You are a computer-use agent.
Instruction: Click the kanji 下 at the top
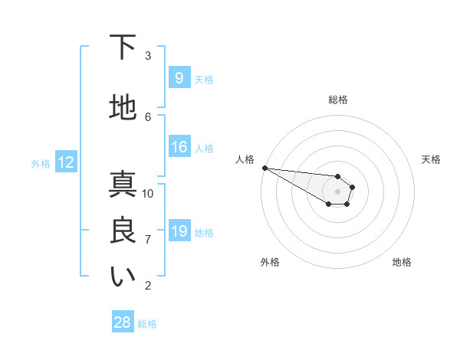(x=123, y=48)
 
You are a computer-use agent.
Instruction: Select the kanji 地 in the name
(x=123, y=108)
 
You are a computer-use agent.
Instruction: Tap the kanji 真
(x=123, y=185)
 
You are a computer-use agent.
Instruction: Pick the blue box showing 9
(x=178, y=78)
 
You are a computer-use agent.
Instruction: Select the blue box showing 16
(x=179, y=148)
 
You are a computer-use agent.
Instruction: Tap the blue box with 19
(x=179, y=232)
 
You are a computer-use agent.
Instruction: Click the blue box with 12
(x=65, y=162)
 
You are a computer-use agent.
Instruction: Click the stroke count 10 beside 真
(x=148, y=193)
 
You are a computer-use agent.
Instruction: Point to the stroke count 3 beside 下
(x=148, y=55)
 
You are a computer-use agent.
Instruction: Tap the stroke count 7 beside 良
(x=148, y=240)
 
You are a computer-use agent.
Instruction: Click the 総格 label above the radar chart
(x=338, y=100)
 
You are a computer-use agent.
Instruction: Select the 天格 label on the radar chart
(x=432, y=159)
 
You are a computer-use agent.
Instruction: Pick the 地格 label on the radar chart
(x=402, y=262)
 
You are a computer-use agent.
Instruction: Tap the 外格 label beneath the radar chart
(x=270, y=262)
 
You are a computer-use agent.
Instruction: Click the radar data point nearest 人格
(x=264, y=167)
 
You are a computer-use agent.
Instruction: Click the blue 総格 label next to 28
(x=147, y=324)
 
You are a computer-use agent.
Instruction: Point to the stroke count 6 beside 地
(x=148, y=116)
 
